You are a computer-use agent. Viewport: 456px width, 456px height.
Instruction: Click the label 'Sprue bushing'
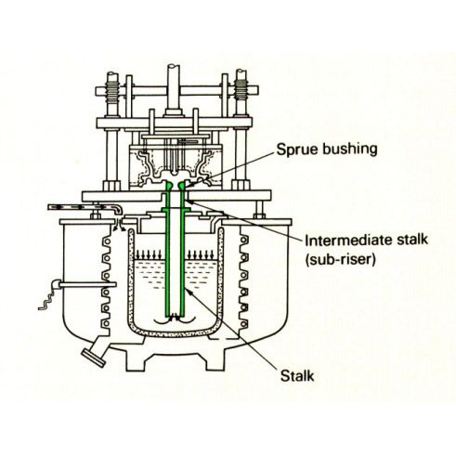pos(327,150)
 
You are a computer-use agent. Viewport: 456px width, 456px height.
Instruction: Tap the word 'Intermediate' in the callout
pos(347,240)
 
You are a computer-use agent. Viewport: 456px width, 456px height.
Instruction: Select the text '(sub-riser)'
pos(340,259)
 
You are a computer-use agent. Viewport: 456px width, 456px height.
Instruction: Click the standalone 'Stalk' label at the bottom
pos(297,376)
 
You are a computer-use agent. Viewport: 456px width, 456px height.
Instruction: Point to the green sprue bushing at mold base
pos(176,186)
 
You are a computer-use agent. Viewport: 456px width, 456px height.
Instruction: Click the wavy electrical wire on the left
pos(46,299)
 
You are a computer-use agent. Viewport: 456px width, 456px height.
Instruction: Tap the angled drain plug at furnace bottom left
pos(92,357)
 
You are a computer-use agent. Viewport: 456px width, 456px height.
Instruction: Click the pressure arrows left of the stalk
pos(149,254)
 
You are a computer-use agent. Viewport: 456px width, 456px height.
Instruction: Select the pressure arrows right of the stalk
pos(201,254)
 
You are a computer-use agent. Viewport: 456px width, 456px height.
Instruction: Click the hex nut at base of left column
pos(111,186)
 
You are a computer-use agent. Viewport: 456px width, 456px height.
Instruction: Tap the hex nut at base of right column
pos(241,186)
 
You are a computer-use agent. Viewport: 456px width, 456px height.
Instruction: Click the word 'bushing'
pos(350,150)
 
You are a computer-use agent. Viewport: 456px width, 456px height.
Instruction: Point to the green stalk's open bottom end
pos(176,315)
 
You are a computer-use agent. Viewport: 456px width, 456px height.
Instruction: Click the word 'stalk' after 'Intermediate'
pos(410,240)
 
